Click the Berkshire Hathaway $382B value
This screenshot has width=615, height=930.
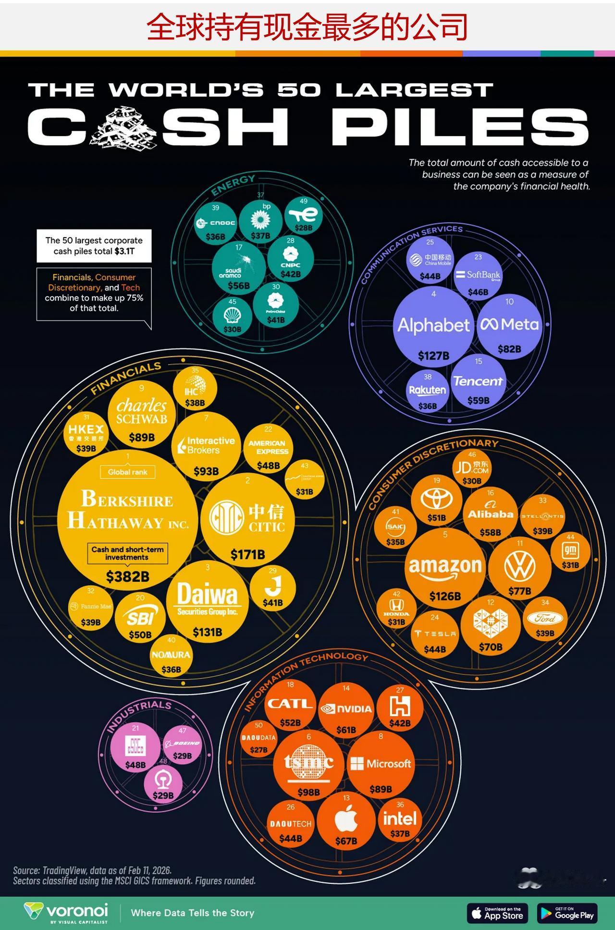click(127, 576)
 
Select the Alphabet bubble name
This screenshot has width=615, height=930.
click(433, 326)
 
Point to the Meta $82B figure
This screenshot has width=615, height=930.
click(509, 349)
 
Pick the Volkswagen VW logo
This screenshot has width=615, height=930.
click(520, 566)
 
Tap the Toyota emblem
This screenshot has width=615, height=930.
click(436, 499)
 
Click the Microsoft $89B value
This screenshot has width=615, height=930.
click(381, 789)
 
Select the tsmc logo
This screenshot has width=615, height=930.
click(308, 762)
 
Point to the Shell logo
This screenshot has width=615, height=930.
click(232, 315)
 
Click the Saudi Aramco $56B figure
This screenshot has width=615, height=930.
click(238, 286)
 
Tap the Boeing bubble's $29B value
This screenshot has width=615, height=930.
click(182, 756)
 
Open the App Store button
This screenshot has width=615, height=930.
click(497, 913)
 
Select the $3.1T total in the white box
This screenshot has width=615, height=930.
click(124, 251)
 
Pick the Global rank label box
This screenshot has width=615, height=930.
click(127, 472)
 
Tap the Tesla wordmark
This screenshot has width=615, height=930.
click(435, 634)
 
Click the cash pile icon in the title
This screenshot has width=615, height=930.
click(124, 127)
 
